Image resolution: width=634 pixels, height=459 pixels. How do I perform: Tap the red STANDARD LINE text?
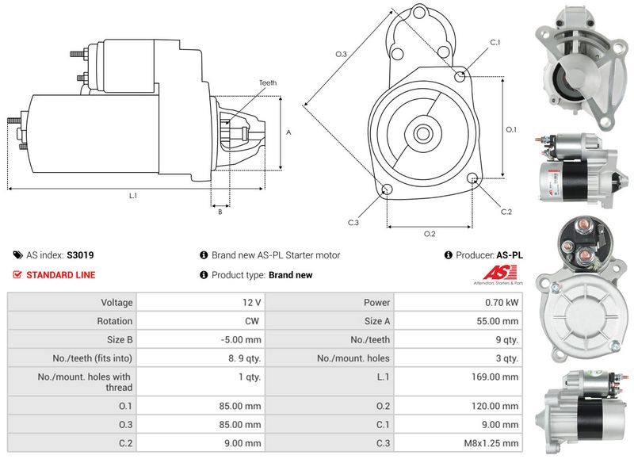pyautogui.click(x=61, y=275)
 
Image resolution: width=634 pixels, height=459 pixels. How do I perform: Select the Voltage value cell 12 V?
pyautogui.click(x=253, y=302)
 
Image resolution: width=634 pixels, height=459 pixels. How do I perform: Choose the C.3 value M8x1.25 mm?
pyautogui.click(x=492, y=443)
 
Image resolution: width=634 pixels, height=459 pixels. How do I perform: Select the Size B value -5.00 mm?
pyautogui.click(x=243, y=340)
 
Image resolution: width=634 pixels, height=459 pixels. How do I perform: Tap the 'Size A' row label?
pyautogui.click(x=377, y=321)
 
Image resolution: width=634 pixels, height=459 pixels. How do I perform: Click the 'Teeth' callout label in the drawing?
pyautogui.click(x=267, y=83)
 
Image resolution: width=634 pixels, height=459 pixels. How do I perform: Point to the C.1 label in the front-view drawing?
pyautogui.click(x=495, y=42)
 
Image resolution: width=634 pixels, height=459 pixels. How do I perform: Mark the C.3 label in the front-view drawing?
pyautogui.click(x=353, y=222)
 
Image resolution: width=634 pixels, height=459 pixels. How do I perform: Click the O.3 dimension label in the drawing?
pyautogui.click(x=341, y=54)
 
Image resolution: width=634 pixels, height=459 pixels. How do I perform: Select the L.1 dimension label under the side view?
pyautogui.click(x=133, y=195)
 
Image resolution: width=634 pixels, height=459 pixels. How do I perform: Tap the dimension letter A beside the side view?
pyautogui.click(x=288, y=132)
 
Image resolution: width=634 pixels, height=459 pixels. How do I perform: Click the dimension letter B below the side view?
pyautogui.click(x=220, y=212)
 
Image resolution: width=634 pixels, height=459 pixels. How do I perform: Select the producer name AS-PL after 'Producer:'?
pyautogui.click(x=510, y=255)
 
